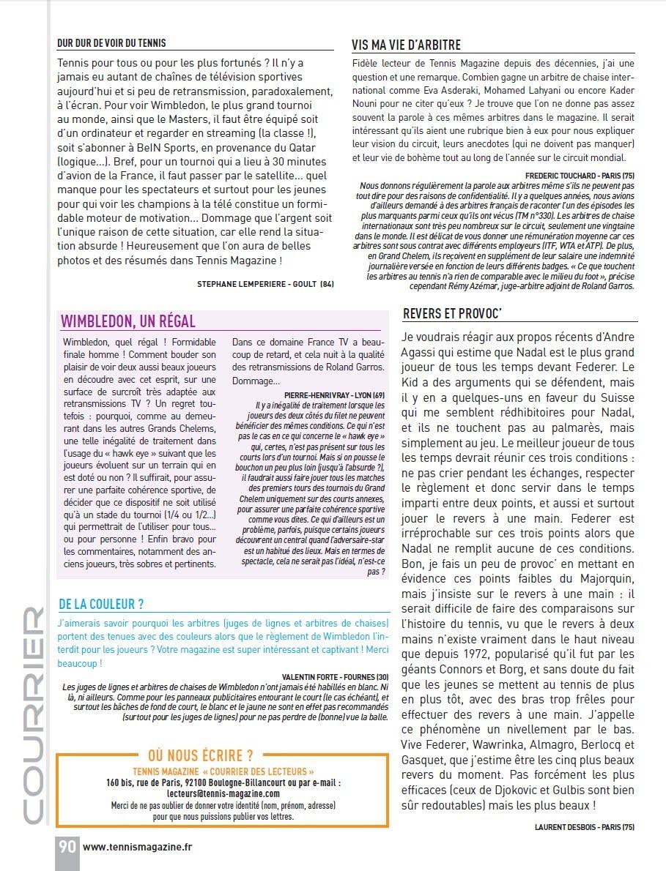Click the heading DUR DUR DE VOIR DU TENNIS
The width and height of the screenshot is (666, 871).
coord(111,43)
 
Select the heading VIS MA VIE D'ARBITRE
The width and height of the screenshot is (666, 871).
coord(406,45)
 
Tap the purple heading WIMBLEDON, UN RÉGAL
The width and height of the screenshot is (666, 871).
coord(127,321)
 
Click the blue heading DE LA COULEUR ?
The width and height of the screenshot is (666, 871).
coord(101,604)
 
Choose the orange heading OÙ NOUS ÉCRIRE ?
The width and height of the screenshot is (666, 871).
coord(200,755)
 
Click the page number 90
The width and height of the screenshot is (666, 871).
coord(67,846)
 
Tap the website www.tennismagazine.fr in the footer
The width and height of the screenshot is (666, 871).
coord(138,847)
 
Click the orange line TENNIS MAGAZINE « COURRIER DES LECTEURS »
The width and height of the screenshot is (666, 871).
coord(223,771)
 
